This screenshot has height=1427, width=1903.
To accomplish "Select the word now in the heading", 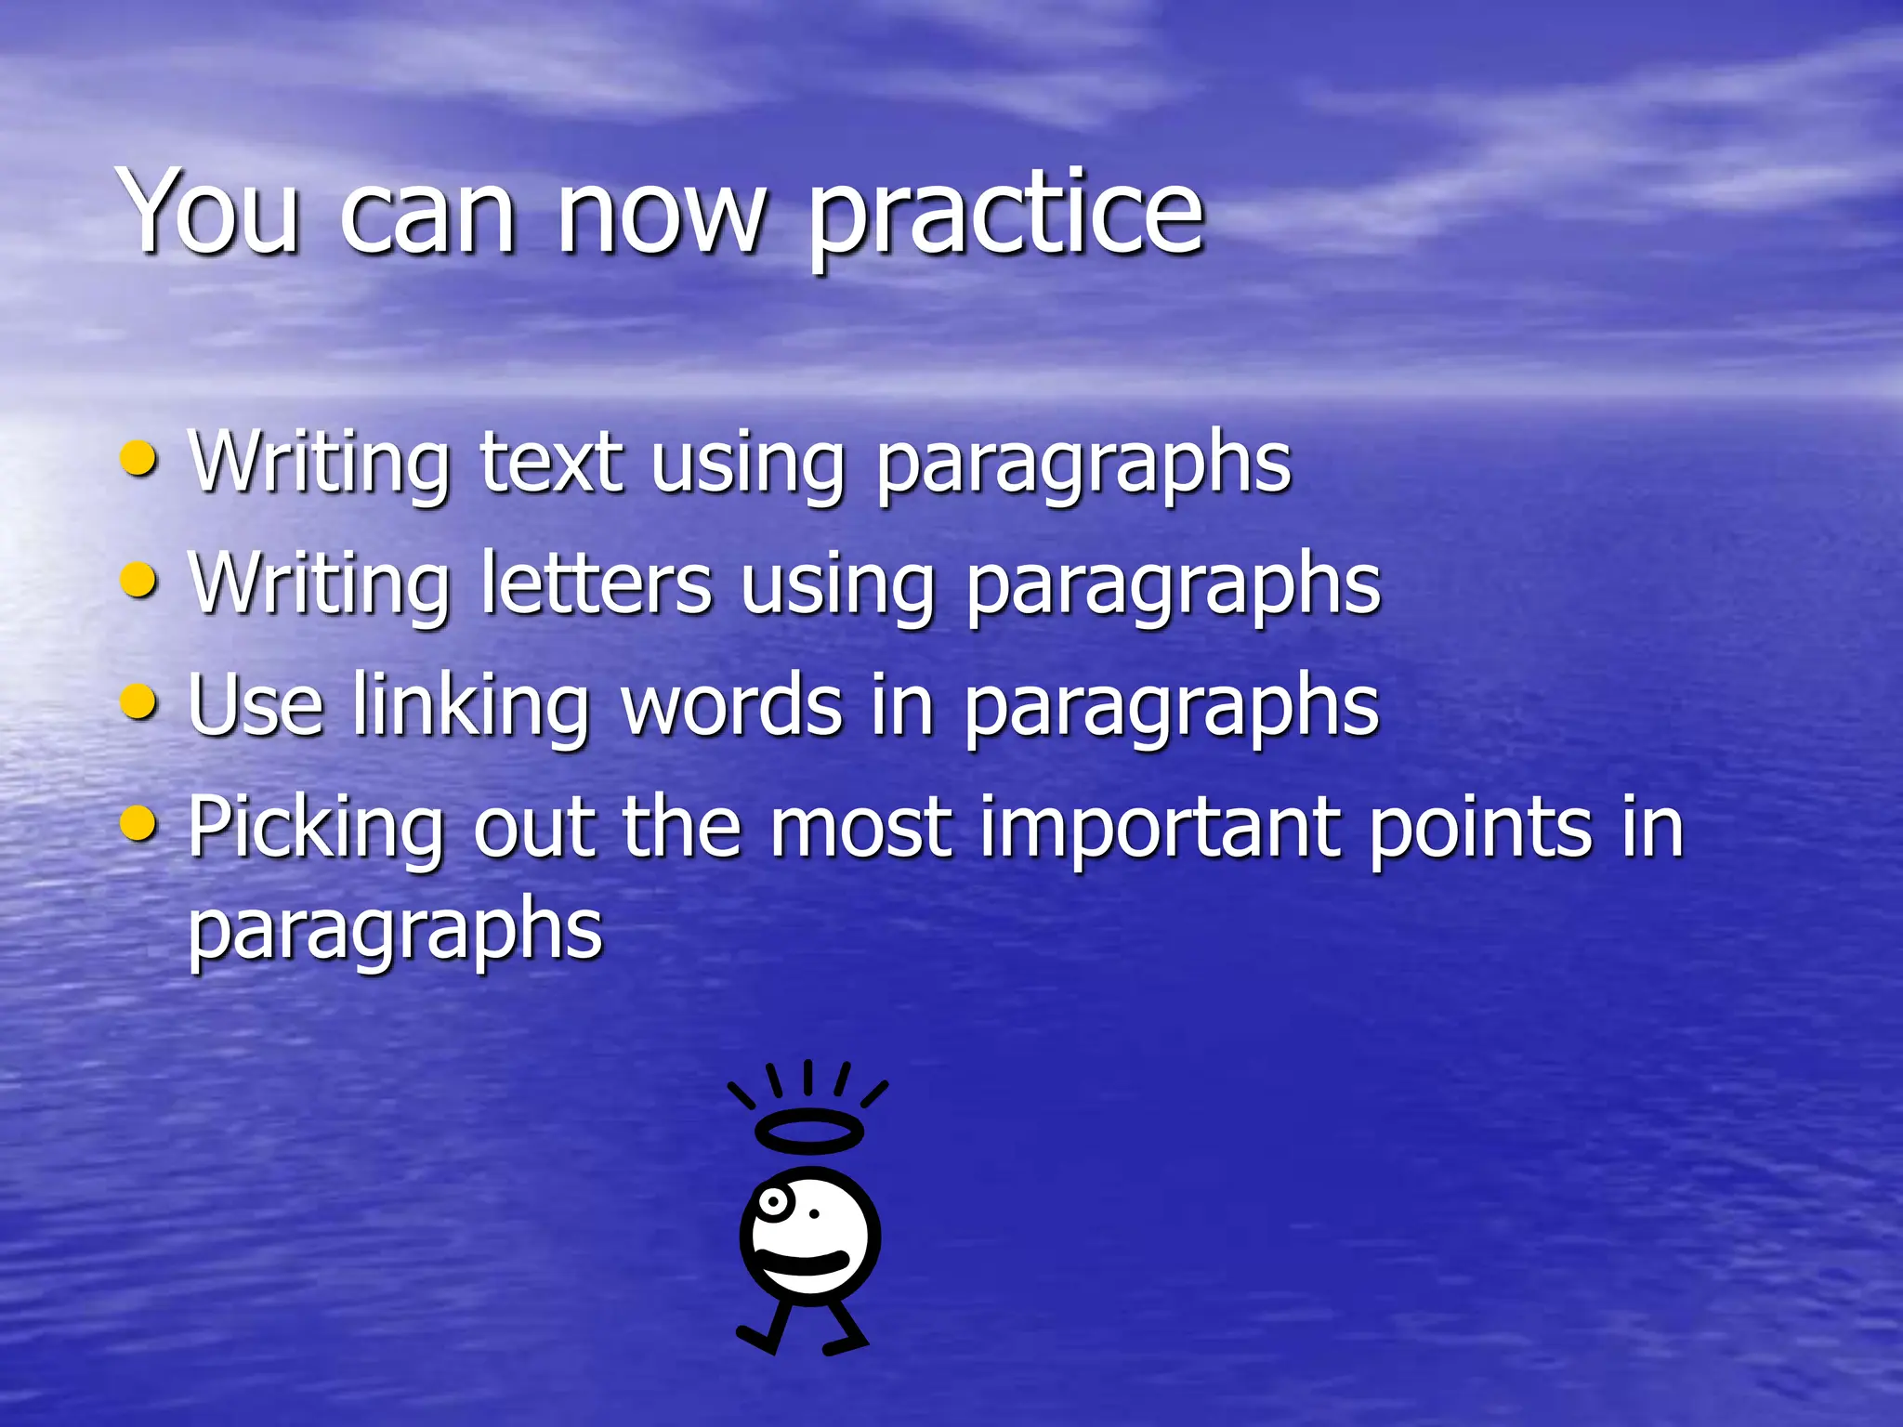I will point(662,217).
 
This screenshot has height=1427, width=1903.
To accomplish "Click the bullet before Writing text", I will point(139,459).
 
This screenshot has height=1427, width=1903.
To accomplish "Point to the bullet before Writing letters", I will point(139,581).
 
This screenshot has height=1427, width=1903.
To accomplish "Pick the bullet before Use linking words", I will point(139,702).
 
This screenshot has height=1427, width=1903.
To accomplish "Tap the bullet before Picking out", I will point(139,823).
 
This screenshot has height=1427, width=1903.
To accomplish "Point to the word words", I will point(732,705).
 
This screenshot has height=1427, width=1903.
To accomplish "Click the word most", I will point(860,829).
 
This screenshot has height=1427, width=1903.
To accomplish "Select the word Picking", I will point(316,829).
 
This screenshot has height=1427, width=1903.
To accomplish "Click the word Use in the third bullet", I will point(255,705).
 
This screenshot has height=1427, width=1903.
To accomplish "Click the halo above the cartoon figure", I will point(809,1131).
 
